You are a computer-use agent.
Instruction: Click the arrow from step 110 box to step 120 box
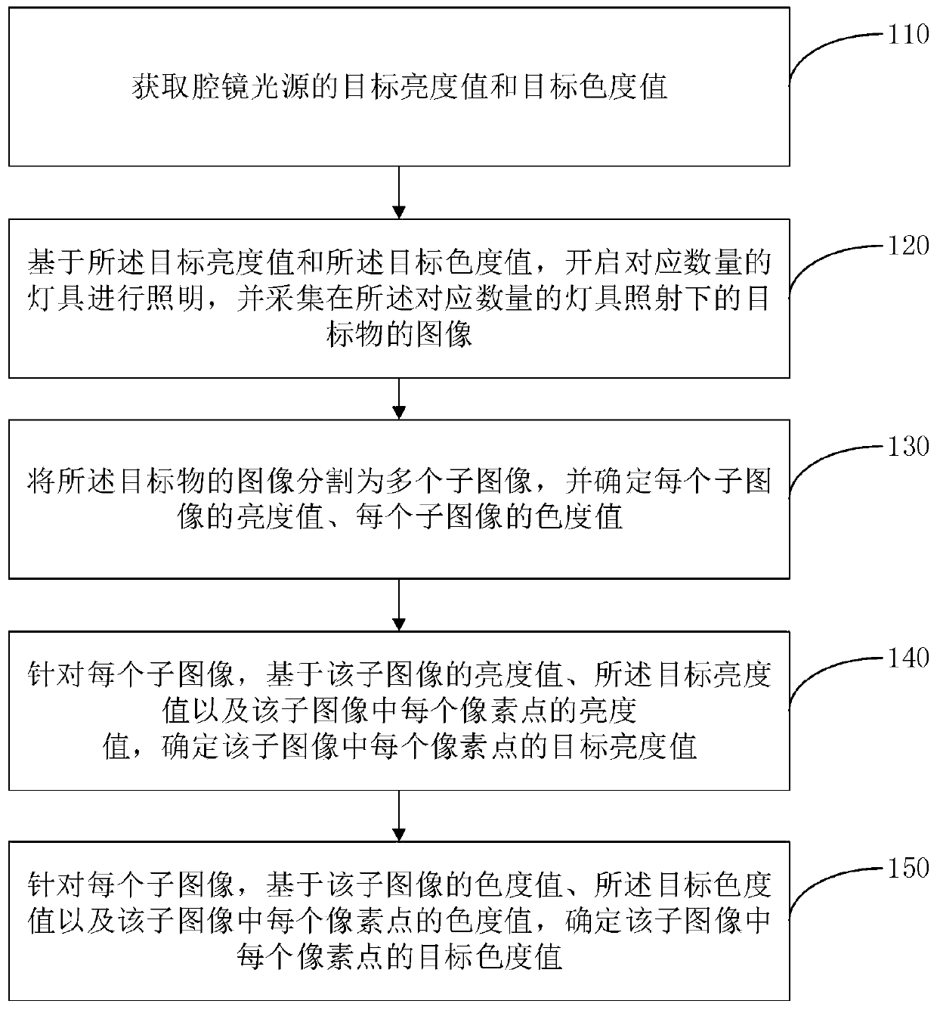click(399, 192)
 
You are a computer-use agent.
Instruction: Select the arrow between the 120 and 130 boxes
click(399, 398)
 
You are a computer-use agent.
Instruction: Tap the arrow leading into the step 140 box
click(399, 605)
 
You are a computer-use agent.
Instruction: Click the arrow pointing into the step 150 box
click(399, 816)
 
